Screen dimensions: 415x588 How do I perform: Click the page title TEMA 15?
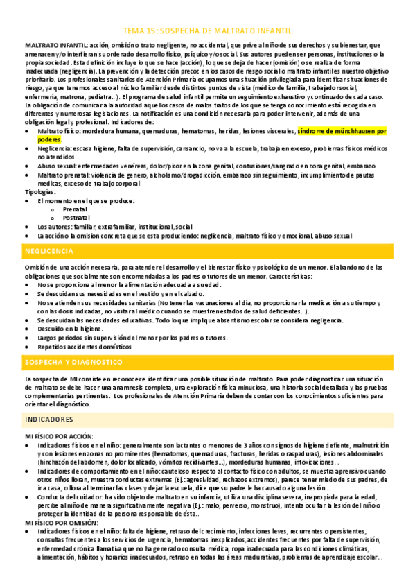click(207, 31)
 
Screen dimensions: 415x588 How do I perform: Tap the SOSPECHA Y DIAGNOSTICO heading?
click(73, 363)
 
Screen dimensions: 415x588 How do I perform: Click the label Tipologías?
click(42, 191)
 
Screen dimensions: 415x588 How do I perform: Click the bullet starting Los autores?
click(114, 226)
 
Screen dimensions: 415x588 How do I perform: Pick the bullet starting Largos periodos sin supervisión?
click(132, 337)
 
